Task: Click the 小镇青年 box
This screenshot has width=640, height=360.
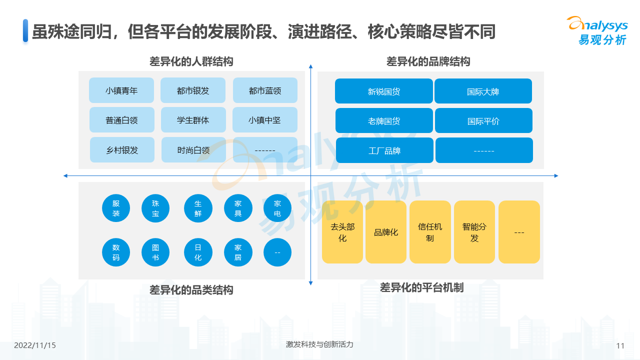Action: tap(121, 90)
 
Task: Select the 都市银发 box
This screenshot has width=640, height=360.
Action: tap(193, 90)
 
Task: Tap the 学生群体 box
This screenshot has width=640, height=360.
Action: tap(193, 120)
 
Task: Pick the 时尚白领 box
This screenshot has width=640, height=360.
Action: tap(193, 150)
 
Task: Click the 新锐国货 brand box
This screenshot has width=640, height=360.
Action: tap(384, 91)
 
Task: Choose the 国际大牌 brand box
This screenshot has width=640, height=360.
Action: tap(483, 91)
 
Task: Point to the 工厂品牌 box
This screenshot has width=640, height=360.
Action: tap(384, 150)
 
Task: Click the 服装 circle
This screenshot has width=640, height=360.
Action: tap(116, 208)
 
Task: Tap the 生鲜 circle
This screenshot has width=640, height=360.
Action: tap(198, 208)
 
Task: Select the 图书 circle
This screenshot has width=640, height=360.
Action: tap(156, 252)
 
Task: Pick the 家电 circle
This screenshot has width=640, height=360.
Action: tap(277, 208)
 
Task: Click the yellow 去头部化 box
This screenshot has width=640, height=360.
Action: tap(342, 232)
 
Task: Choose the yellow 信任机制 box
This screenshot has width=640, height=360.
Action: tap(430, 232)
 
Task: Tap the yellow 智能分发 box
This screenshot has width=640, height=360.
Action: tap(474, 232)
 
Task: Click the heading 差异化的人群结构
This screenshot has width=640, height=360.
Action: tap(191, 61)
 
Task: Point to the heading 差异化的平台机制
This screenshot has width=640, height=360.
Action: tap(421, 287)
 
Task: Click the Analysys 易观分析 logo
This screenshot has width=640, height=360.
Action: tap(597, 30)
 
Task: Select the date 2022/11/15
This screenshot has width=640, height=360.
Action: tap(35, 345)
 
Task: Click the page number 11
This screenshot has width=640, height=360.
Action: tap(620, 345)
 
